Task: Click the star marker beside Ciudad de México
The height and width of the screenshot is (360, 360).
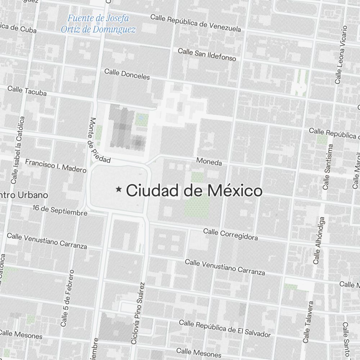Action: coord(118,189)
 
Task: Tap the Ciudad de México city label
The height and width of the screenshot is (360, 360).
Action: coord(194,190)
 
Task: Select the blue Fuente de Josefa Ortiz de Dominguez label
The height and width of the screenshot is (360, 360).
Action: coord(98,24)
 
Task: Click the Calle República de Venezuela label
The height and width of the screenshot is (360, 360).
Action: coord(195,23)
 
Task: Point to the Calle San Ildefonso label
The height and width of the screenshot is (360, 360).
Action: coord(207,54)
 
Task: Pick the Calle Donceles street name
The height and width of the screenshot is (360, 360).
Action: coord(127,74)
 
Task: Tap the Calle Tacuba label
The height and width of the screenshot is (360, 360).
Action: coord(27,91)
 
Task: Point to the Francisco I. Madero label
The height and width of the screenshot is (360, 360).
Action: coord(56,166)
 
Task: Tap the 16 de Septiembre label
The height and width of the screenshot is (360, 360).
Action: coord(60,210)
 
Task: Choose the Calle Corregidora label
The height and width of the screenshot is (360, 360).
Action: coord(230,234)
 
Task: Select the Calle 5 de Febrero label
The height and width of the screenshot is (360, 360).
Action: coord(68,298)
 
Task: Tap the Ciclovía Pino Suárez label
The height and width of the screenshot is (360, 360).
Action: coord(138,313)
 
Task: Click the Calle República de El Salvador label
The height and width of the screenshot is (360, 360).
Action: coord(225,329)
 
